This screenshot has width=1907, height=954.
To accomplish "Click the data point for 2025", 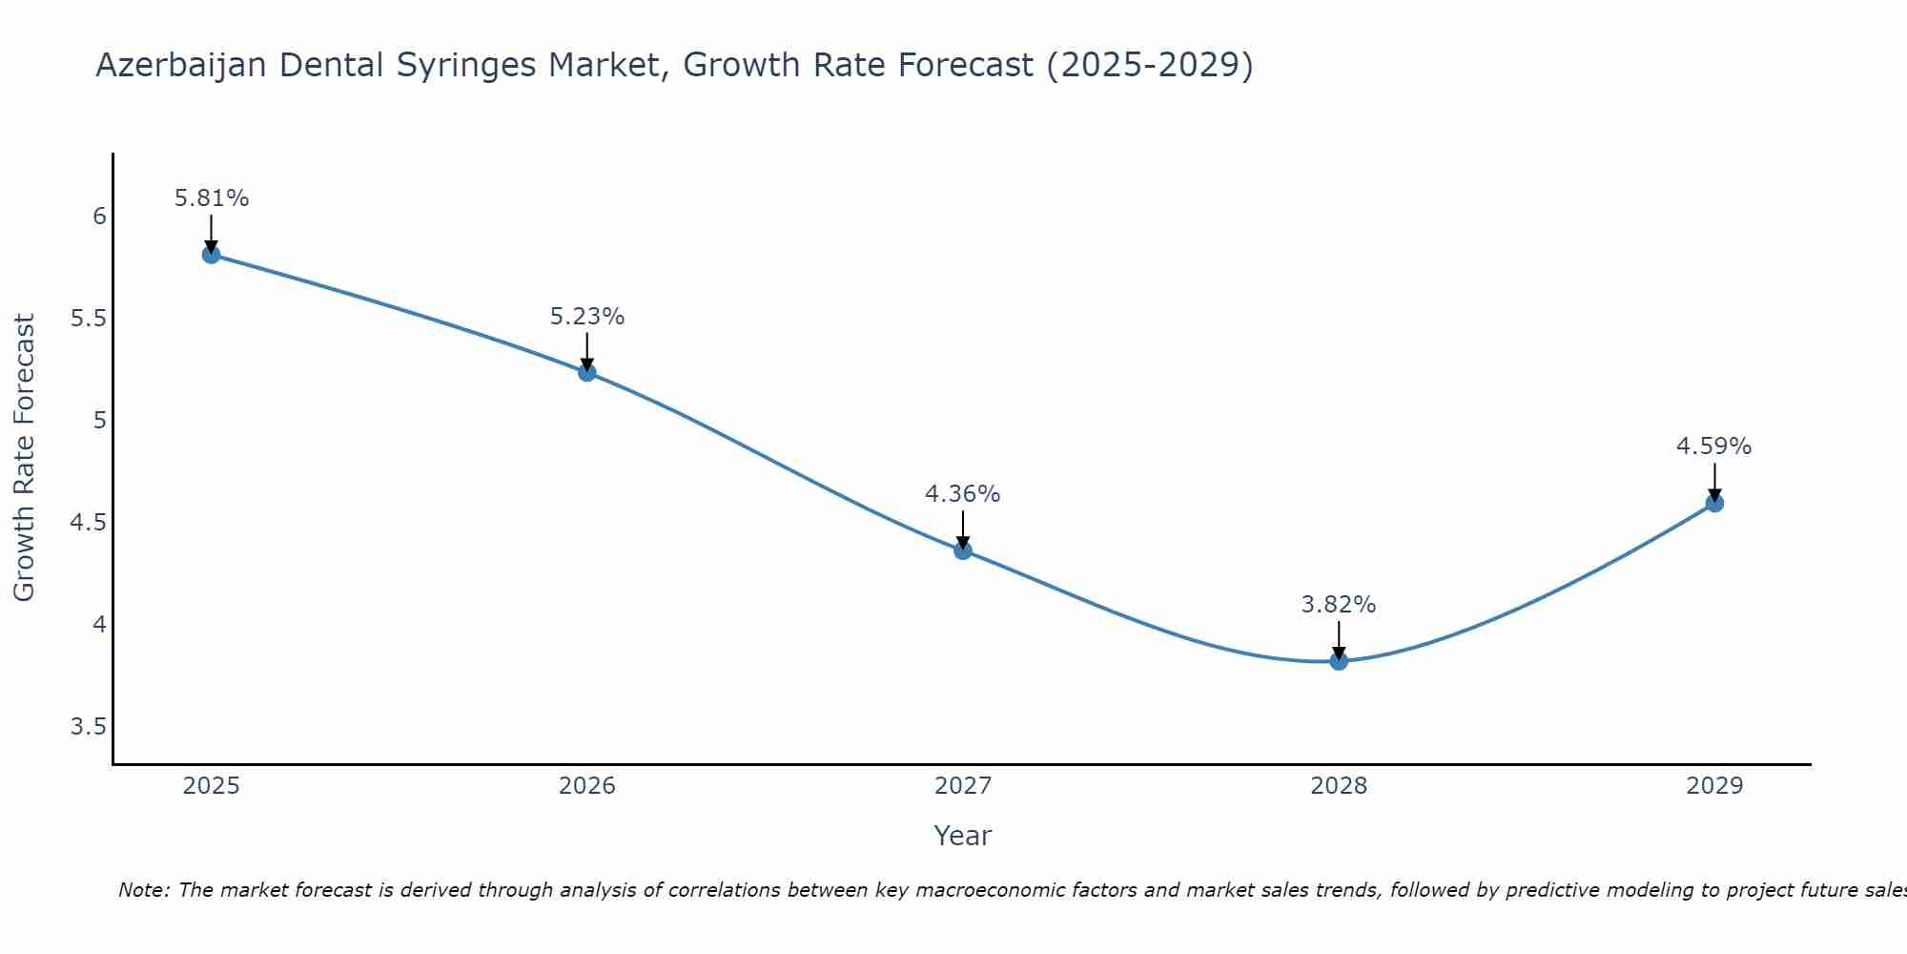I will coord(212,255).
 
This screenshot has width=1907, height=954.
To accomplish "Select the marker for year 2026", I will coord(587,372).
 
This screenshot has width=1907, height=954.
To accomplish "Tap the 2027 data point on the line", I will coord(963,550).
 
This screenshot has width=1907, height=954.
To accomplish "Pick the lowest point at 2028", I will coord(1339,661).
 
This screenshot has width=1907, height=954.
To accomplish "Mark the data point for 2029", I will coord(1714,503).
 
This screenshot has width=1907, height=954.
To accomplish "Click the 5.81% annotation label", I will coord(212,198).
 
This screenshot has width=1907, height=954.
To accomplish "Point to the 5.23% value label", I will coord(587,317).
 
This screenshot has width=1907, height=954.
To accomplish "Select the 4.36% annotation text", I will coord(963,494).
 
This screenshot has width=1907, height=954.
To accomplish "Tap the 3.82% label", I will coord(1339,605).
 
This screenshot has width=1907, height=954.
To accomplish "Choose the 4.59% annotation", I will coord(1714,446).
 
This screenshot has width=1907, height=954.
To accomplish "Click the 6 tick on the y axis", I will coord(99,217).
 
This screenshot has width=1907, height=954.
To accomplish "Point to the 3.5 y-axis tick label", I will coord(88,728).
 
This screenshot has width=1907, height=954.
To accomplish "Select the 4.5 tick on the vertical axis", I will coord(88,523).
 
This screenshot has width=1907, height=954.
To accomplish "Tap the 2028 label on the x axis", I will coord(1339,786).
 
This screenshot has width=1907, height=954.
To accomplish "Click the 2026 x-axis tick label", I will coord(587,786).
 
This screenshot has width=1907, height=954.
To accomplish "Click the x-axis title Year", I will coord(963,836).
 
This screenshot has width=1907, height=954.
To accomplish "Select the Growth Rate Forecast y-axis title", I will coord(25,458).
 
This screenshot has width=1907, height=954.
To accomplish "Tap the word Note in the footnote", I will coord(143,890).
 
